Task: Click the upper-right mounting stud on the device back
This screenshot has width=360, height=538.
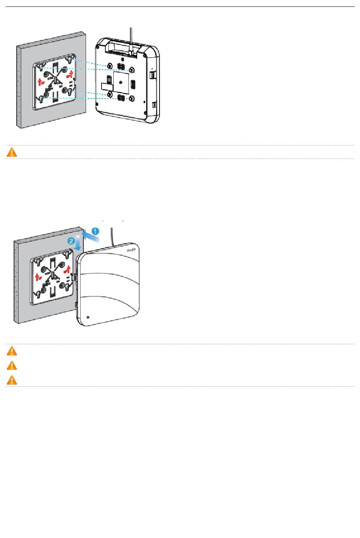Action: click(x=131, y=70)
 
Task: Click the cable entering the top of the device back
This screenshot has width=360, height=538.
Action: click(x=130, y=38)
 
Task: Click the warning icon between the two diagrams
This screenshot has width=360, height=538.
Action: click(x=12, y=152)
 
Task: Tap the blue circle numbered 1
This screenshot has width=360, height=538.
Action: click(x=96, y=231)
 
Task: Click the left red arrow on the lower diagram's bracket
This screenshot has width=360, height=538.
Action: click(x=37, y=276)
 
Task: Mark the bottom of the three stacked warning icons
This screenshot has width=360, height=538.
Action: click(x=12, y=380)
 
